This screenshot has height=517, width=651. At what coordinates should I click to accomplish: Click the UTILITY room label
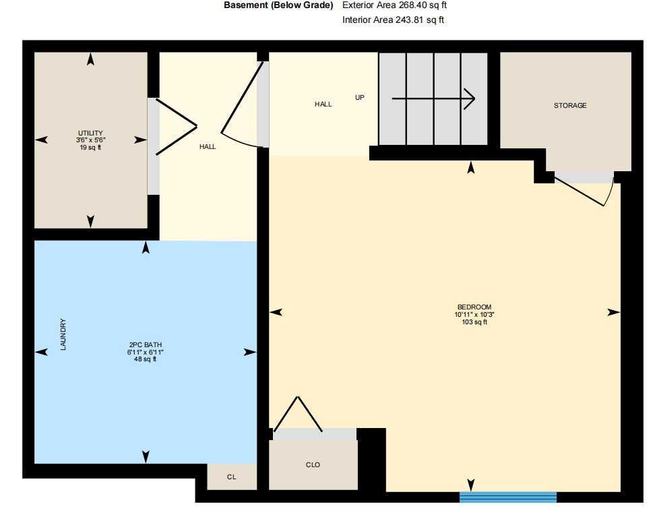click(x=90, y=133)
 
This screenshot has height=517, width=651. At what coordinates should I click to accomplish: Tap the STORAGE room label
click(x=570, y=106)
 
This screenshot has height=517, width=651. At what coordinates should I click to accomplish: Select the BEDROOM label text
click(x=470, y=307)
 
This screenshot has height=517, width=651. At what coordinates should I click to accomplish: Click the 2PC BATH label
click(x=145, y=344)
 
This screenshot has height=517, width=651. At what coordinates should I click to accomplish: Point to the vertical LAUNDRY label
click(x=63, y=335)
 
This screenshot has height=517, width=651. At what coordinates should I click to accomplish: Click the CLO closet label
click(x=313, y=465)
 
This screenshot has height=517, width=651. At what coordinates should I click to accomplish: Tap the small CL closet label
click(x=231, y=477)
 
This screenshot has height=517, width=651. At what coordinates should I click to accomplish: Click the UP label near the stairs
click(x=360, y=98)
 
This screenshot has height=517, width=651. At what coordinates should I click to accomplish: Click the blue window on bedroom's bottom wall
click(x=508, y=497)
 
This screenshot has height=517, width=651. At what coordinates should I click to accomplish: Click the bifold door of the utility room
click(x=175, y=127)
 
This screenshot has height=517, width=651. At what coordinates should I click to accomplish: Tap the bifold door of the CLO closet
click(x=297, y=414)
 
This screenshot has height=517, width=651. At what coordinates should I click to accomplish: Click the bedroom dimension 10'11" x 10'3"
click(x=470, y=314)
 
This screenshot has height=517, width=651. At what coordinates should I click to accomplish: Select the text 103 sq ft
click(x=470, y=322)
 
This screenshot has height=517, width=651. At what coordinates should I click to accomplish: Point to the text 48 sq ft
click(x=145, y=359)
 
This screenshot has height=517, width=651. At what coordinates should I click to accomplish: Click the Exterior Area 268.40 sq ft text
click(x=394, y=5)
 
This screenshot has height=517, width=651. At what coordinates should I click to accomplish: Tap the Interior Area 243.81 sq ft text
click(x=393, y=20)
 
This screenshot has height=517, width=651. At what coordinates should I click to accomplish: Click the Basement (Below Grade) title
click(x=278, y=5)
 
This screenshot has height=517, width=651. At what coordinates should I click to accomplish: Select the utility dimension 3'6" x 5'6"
click(x=90, y=140)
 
